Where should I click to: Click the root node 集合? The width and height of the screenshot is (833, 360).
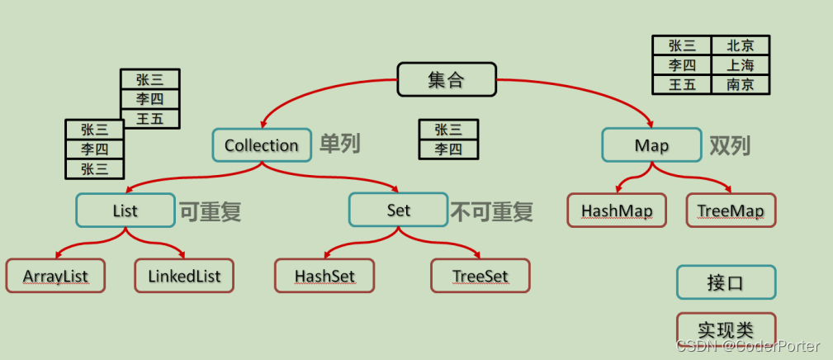(x=447, y=80)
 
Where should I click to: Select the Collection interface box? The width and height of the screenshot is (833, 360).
(x=261, y=145)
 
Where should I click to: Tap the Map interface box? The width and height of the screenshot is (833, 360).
(x=651, y=145)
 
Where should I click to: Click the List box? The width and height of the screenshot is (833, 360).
(x=125, y=211)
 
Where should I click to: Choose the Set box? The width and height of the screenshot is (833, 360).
(x=398, y=211)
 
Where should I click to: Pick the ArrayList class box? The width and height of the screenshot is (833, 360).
(x=55, y=276)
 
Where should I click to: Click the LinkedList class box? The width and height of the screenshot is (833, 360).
(x=184, y=276)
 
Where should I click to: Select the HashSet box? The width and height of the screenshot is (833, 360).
(x=324, y=276)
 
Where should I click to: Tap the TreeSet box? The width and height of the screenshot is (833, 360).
(x=480, y=276)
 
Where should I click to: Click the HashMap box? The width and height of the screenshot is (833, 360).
(x=617, y=211)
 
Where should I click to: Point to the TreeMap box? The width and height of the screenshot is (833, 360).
(x=731, y=211)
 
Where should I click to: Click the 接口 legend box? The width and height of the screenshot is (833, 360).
(x=726, y=282)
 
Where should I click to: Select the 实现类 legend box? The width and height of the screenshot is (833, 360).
(x=726, y=329)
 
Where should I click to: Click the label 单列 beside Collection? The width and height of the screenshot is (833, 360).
(x=340, y=144)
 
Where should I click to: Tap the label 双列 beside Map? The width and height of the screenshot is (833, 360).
(x=730, y=145)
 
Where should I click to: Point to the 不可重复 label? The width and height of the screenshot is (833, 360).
(x=492, y=211)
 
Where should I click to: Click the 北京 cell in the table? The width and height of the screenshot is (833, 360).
(x=740, y=46)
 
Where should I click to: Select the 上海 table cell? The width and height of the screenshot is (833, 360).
(x=740, y=65)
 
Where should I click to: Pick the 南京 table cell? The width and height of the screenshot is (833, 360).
(x=740, y=84)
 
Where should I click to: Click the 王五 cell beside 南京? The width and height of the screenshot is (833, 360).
(x=682, y=84)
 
